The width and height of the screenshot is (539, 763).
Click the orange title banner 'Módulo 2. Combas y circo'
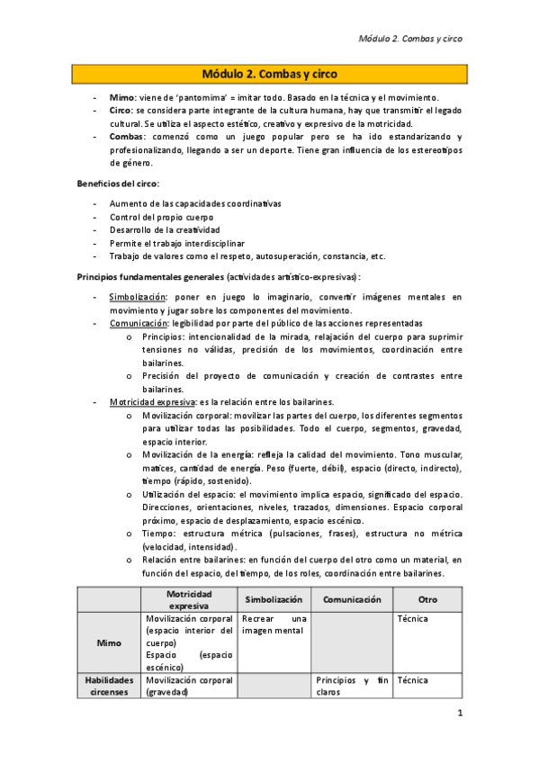click(x=270, y=73)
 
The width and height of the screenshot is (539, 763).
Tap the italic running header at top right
click(x=410, y=39)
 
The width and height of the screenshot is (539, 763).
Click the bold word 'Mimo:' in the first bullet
click(x=122, y=97)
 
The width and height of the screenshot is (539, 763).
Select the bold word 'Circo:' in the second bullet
click(x=123, y=110)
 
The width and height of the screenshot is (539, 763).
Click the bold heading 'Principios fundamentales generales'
click(x=149, y=277)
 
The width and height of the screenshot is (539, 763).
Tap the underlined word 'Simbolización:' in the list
click(x=138, y=297)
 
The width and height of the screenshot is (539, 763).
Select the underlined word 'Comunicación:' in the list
click(x=139, y=323)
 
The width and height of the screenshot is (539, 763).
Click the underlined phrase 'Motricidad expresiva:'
click(x=147, y=402)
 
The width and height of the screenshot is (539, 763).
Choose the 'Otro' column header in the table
click(x=427, y=599)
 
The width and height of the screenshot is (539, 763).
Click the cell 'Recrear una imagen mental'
click(x=274, y=625)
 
